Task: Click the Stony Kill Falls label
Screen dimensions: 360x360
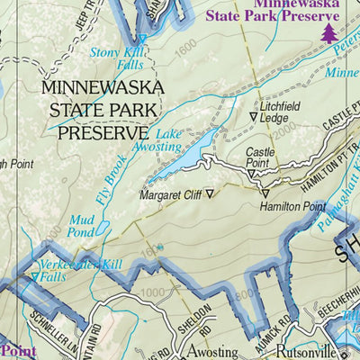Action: coord(115,58)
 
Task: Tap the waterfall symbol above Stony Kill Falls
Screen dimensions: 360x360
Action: coord(143,39)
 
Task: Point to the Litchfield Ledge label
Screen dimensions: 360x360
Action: coord(279,113)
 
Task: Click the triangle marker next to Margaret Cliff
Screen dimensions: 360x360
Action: coord(211,193)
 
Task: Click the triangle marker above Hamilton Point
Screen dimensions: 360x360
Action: coord(265,193)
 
